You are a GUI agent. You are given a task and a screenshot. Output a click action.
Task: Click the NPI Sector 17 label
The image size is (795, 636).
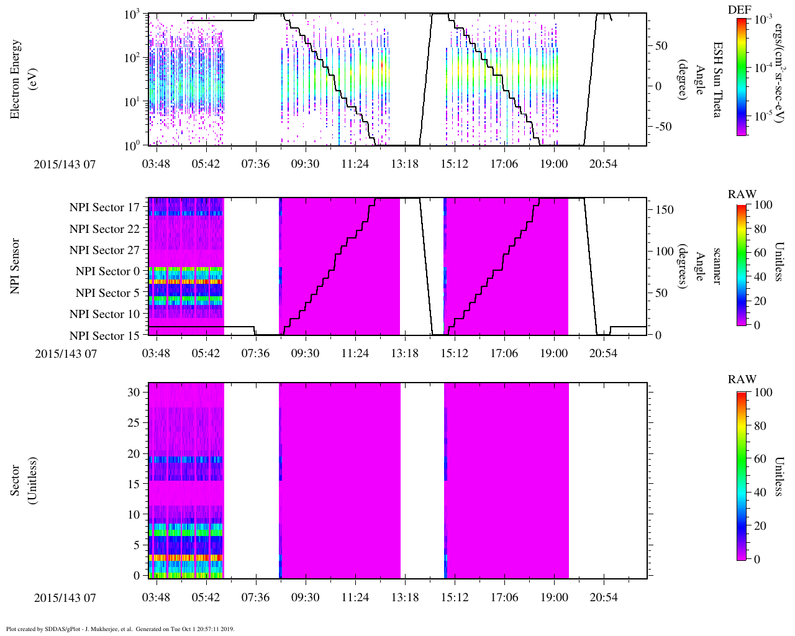105,207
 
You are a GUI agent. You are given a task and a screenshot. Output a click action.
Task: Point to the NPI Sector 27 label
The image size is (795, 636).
105,250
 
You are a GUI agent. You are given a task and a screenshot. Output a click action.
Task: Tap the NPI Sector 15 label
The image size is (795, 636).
105,336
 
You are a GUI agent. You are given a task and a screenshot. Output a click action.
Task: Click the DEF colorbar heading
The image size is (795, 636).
739,9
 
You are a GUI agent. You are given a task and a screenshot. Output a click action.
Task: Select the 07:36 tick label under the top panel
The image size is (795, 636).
255,163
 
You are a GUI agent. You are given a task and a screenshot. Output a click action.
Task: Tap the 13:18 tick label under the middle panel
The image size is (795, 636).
404,353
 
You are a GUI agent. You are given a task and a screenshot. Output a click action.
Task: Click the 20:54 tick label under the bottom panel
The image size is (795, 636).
603,597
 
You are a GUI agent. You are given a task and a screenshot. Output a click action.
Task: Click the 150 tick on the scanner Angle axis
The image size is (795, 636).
665,210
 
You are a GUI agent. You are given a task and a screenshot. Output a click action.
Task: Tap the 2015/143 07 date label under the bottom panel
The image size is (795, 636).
65,597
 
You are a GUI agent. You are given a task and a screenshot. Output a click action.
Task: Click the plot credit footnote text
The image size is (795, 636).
120,629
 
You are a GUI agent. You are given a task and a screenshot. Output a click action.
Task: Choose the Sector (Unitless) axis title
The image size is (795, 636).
22,480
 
